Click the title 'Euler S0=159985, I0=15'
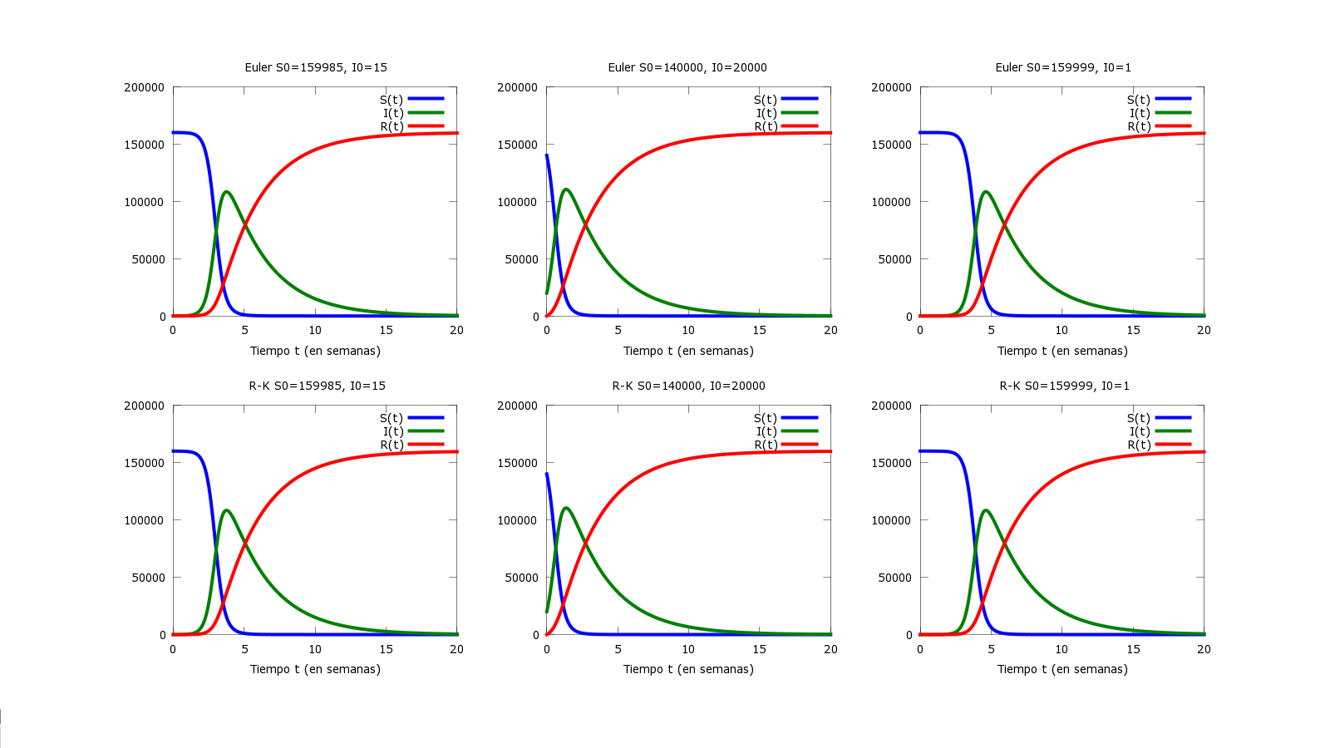pyautogui.click(x=316, y=67)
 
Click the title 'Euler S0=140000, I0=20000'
pyautogui.click(x=687, y=67)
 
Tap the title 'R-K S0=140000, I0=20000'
pyautogui.click(x=688, y=386)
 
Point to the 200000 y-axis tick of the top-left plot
pyautogui.click(x=145, y=87)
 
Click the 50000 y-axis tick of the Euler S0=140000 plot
pyautogui.click(x=521, y=259)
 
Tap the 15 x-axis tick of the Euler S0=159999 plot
pyautogui.click(x=1133, y=330)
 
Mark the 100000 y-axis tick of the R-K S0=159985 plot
pyautogui.click(x=145, y=520)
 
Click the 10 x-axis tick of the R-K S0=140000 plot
pyautogui.click(x=688, y=649)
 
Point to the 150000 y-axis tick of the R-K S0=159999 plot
pyautogui.click(x=891, y=463)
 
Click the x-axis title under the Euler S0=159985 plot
pyautogui.click(x=315, y=351)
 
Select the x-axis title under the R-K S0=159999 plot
pyautogui.click(x=1062, y=669)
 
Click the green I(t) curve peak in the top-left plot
pyautogui.click(x=226, y=192)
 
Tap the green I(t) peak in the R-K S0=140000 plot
pyautogui.click(x=566, y=508)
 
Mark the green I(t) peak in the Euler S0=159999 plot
pyautogui.click(x=986, y=192)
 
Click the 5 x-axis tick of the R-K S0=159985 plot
pyautogui.click(x=244, y=649)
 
